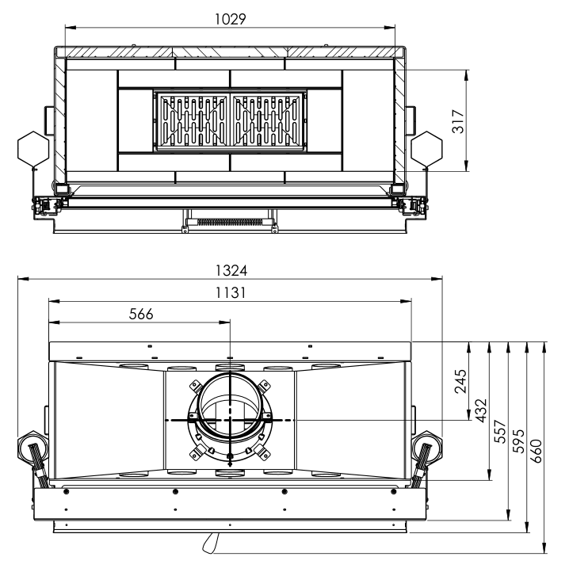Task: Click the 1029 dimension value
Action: pyautogui.click(x=230, y=19)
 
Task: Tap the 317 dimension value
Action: pyautogui.click(x=458, y=121)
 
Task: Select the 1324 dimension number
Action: pyautogui.click(x=231, y=271)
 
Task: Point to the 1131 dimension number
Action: pyautogui.click(x=231, y=292)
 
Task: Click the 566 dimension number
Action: pyautogui.click(x=141, y=314)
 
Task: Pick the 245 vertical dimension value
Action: pyautogui.click(x=460, y=381)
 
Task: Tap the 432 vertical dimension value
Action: pyautogui.click(x=481, y=410)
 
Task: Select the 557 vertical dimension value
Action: pyautogui.click(x=500, y=432)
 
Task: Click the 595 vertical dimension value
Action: pyautogui.click(x=518, y=441)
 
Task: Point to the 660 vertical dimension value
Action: pyautogui.click(x=537, y=452)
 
